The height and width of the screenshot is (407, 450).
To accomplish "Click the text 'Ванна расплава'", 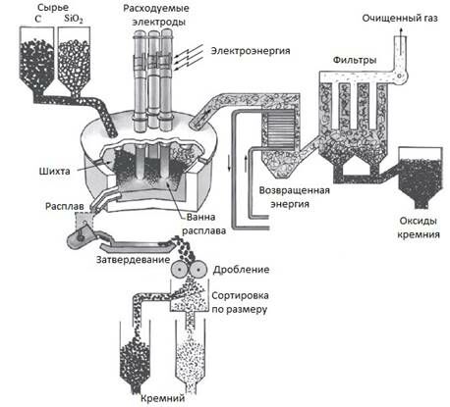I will pyautogui.click(x=207, y=224).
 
